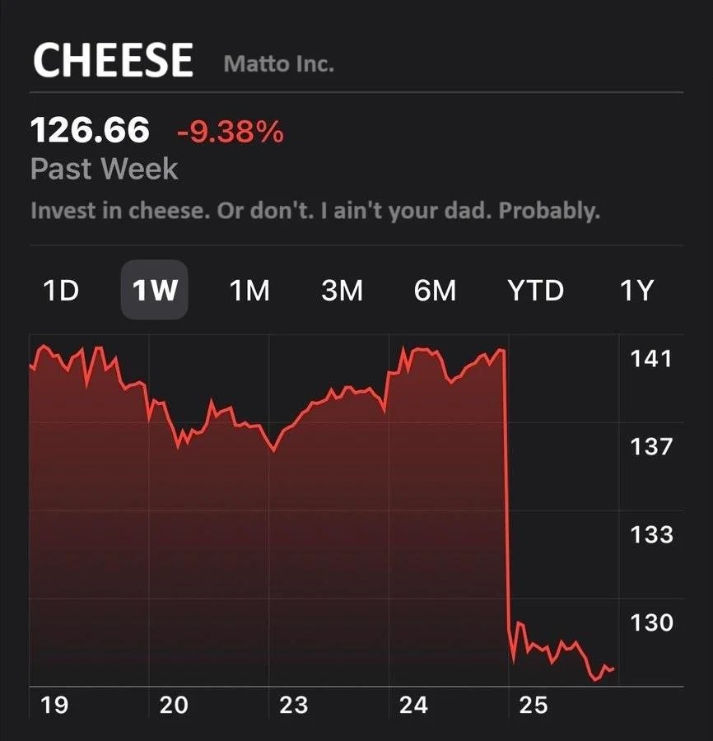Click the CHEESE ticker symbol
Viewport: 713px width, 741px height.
coord(113,60)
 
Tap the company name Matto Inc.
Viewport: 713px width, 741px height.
coord(278,64)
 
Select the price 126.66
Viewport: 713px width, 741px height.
coord(90,130)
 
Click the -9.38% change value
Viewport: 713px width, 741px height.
coord(230,131)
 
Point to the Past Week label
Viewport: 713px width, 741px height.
coord(104,169)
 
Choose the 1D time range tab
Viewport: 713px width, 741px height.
coord(60,291)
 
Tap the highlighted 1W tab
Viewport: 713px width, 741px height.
coord(155,291)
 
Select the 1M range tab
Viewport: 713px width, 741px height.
coord(249,291)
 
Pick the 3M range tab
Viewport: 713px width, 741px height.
coord(342,291)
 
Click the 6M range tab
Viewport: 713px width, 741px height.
coord(435,291)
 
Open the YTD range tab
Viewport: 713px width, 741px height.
coord(536,291)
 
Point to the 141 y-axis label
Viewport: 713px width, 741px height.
coord(651,359)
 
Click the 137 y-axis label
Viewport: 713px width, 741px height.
coord(651,447)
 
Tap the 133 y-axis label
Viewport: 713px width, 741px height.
coord(651,535)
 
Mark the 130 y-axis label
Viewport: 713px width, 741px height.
coord(651,622)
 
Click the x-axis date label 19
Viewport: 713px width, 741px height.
coord(54,705)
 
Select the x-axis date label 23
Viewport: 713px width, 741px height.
coord(293,705)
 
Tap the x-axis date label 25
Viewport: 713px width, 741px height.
coord(534,705)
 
